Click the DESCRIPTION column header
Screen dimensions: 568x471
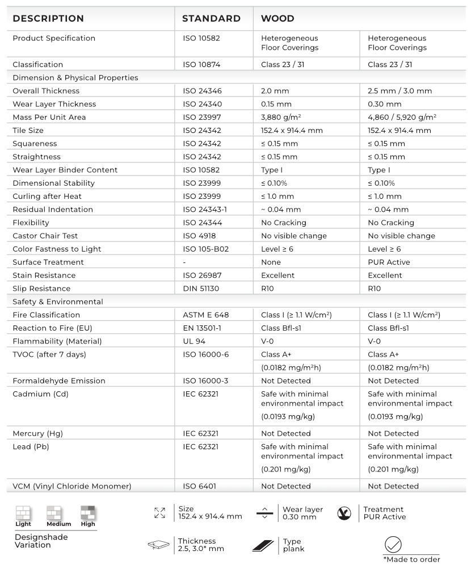click(48, 19)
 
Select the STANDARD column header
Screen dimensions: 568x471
click(211, 19)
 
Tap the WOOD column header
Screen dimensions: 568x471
click(277, 19)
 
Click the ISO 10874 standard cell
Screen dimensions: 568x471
click(202, 65)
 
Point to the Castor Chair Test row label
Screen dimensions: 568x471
click(45, 236)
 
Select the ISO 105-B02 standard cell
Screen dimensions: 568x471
click(207, 249)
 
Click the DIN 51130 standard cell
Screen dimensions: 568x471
click(201, 289)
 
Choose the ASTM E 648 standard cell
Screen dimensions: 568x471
click(206, 315)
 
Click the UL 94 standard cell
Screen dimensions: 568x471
click(194, 341)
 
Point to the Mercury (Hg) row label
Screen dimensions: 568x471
click(37, 433)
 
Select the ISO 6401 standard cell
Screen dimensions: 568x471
click(199, 486)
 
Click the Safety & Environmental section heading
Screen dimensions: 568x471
click(58, 302)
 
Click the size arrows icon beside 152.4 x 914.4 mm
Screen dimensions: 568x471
click(159, 513)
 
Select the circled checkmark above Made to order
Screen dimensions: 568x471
click(393, 545)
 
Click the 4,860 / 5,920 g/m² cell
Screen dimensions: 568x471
click(403, 118)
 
